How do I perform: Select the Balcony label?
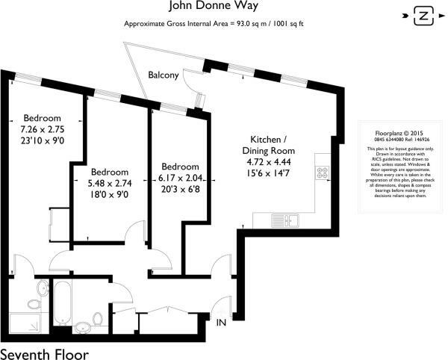(x=163, y=75)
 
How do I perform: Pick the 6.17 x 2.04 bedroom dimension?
(x=180, y=178)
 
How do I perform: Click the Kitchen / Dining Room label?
(x=268, y=146)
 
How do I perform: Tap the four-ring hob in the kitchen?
(x=323, y=173)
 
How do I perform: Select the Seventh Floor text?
(x=44, y=352)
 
